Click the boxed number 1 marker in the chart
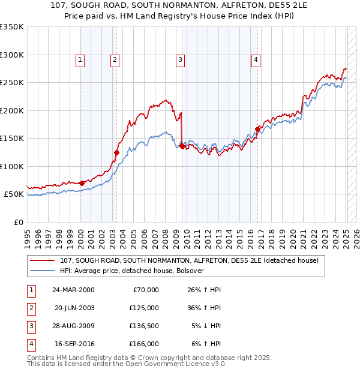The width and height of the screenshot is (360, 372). point(80,59)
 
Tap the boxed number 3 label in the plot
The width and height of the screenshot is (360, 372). point(180,59)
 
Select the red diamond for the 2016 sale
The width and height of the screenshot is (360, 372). point(257,128)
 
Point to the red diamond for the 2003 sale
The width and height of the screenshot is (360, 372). point(116,152)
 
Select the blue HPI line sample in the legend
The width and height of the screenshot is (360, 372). point(42,271)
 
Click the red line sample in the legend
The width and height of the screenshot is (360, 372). point(42,260)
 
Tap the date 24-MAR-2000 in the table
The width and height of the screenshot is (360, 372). point(73,290)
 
